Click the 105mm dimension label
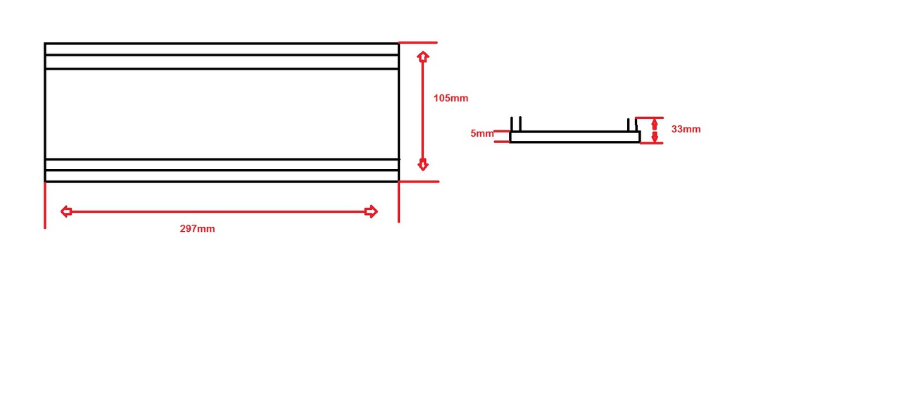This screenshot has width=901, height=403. tap(450, 98)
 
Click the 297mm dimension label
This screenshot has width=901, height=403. tap(197, 229)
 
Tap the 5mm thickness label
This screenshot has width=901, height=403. tap(482, 133)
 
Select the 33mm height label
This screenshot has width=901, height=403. tap(686, 129)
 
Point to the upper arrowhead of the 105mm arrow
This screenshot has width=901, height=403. tap(423, 57)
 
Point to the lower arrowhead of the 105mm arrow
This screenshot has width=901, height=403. tap(423, 165)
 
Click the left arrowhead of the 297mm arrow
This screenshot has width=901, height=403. tap(66, 211)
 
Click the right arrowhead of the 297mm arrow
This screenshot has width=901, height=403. tap(371, 211)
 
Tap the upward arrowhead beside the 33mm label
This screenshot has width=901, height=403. tap(655, 123)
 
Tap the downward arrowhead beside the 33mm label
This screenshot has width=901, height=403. tap(655, 137)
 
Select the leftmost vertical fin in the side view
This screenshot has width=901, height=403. tap(512, 124)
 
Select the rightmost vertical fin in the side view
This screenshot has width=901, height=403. tap(636, 125)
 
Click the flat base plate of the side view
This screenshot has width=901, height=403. tap(574, 137)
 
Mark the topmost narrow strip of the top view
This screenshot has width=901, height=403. tap(221, 49)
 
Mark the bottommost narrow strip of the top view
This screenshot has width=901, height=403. tap(221, 176)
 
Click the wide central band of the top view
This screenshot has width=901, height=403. tap(221, 113)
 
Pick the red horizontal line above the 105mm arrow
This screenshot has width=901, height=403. tap(418, 42)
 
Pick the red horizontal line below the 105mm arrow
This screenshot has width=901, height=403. tap(419, 182)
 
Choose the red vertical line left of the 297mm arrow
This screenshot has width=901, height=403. tap(45, 205)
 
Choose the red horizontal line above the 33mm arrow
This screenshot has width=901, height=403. tap(649, 118)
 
